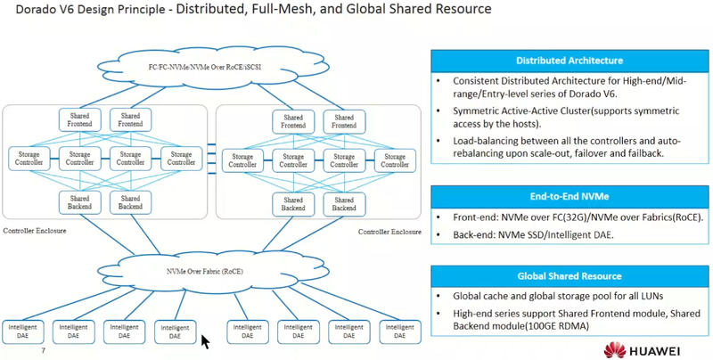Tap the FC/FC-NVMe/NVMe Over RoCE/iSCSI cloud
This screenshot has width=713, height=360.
pyautogui.click(x=211, y=66)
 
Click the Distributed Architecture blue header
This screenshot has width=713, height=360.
pyautogui.click(x=569, y=61)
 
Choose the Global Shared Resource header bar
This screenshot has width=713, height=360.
pyautogui.click(x=569, y=276)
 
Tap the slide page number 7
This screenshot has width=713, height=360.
pyautogui.click(x=44, y=351)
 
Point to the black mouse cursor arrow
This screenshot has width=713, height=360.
pyautogui.click(x=206, y=341)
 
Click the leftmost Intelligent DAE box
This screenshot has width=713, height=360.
pyautogui.click(x=23, y=332)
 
